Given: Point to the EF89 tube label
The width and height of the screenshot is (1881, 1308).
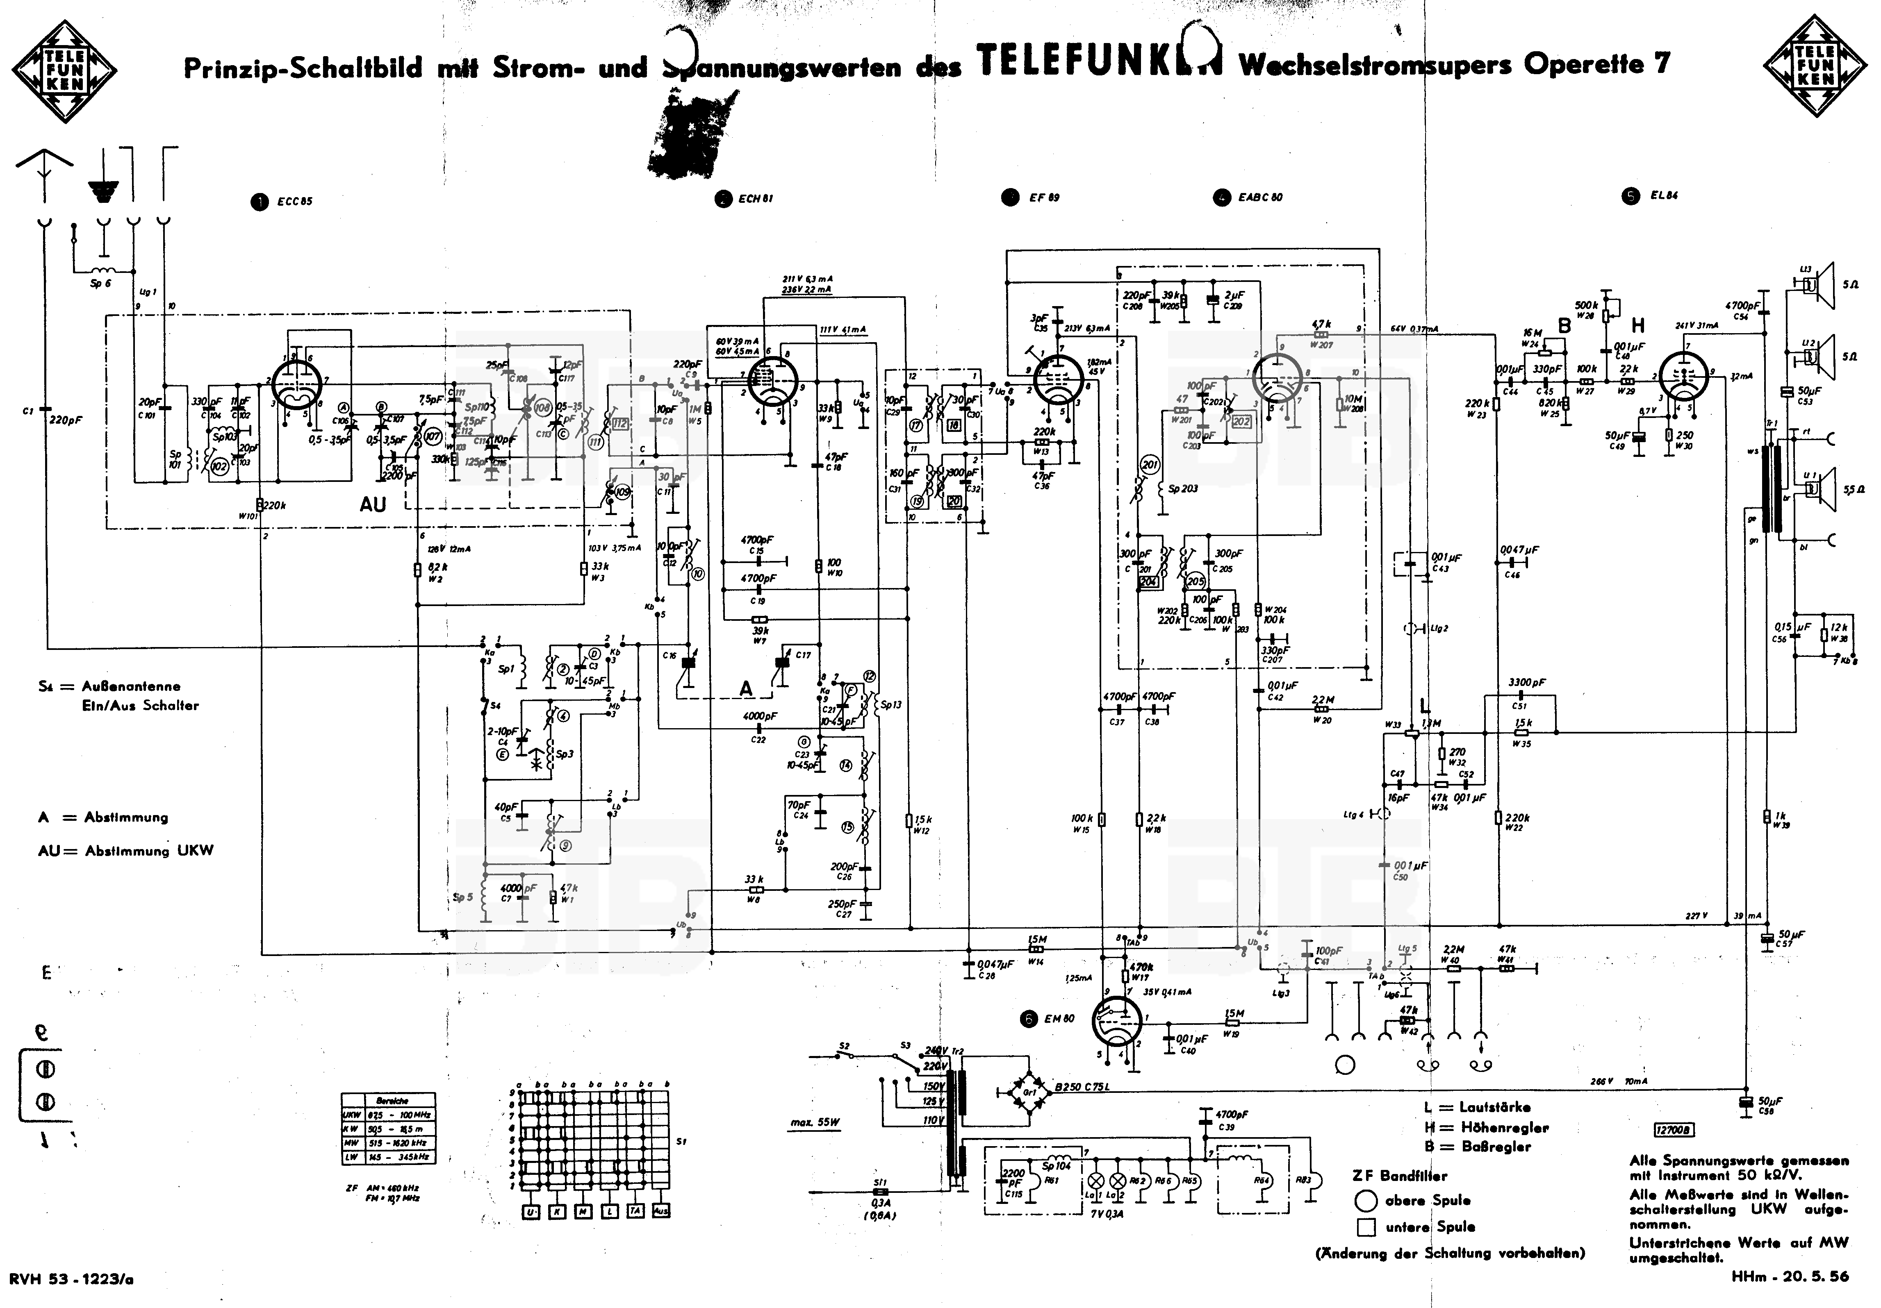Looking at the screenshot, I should [1044, 198].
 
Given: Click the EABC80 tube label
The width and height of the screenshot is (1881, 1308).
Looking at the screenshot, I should [1260, 198].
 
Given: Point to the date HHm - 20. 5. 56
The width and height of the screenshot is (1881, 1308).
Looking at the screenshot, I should [1790, 1276].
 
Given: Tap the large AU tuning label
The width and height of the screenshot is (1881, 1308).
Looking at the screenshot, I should [373, 504].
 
